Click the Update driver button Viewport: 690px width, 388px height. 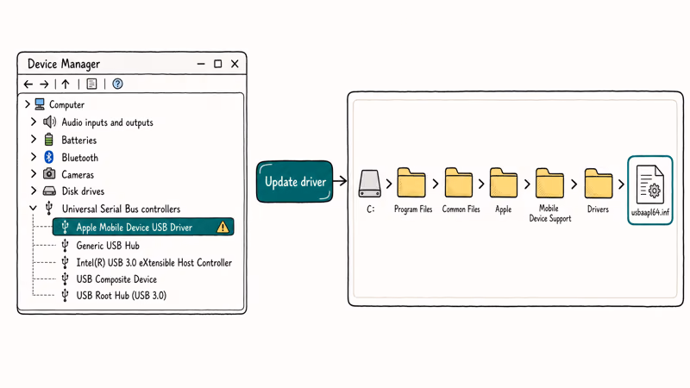[294, 182]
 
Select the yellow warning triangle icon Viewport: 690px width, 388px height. [223, 227]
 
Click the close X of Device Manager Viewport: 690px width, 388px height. [235, 64]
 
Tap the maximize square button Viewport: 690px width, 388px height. [218, 64]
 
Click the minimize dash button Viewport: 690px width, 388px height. [201, 64]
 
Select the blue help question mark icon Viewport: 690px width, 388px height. [117, 84]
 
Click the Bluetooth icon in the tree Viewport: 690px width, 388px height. [49, 157]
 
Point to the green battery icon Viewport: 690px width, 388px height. [49, 140]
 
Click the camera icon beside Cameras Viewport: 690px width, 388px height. [49, 174]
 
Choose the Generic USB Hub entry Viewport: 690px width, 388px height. [107, 245]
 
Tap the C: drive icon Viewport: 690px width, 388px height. [369, 184]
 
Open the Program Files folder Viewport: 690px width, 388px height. [411, 183]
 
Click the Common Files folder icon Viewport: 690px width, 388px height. [459, 183]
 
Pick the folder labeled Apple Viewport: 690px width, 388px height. [504, 183]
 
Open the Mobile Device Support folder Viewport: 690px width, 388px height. [549, 183]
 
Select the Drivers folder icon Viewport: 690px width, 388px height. [599, 183]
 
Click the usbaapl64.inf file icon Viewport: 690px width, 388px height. [650, 185]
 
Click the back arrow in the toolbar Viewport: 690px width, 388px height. [28, 84]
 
